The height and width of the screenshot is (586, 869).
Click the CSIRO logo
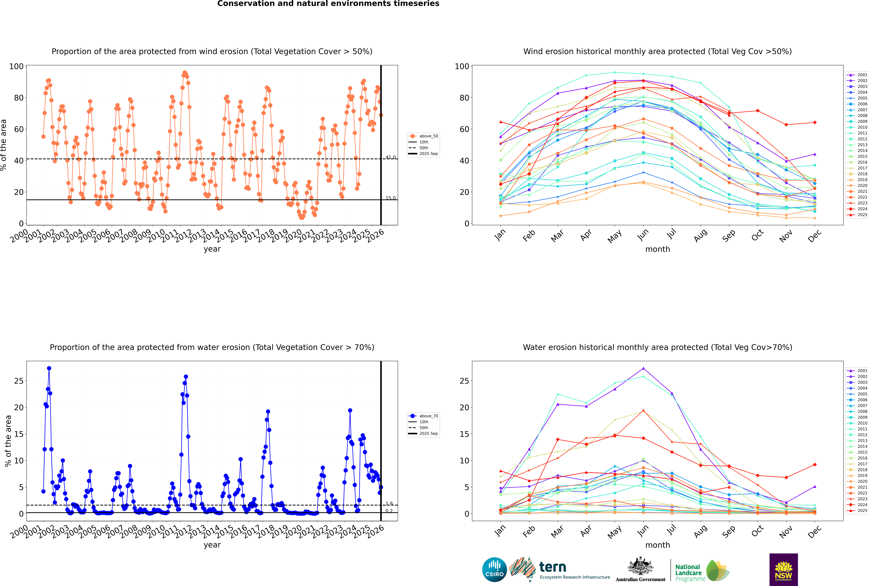click(x=494, y=570)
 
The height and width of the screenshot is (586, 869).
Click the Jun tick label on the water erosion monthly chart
click(x=643, y=530)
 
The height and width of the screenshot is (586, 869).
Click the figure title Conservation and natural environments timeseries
click(x=328, y=4)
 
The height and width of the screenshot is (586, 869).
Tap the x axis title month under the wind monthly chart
click(x=658, y=249)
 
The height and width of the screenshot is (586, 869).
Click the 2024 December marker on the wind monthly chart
click(x=815, y=123)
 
